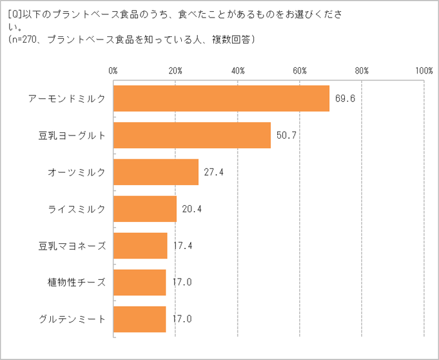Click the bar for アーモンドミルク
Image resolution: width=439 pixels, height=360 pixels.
221,98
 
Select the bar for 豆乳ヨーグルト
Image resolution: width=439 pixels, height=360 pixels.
192,135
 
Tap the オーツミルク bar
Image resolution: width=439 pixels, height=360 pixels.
156,172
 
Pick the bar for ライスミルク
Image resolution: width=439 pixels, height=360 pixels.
145,208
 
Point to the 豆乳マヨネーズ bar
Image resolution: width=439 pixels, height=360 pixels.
140,245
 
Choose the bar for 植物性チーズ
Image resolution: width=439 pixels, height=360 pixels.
140,282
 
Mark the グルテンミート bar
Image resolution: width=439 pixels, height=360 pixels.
140,319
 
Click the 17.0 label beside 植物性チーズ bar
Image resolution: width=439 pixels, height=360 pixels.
182,282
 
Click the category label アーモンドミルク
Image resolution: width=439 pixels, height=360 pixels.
67,98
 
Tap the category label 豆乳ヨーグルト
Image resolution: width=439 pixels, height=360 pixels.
72,135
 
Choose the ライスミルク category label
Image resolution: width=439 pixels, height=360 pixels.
77,209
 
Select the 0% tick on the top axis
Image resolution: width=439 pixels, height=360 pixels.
114,70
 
